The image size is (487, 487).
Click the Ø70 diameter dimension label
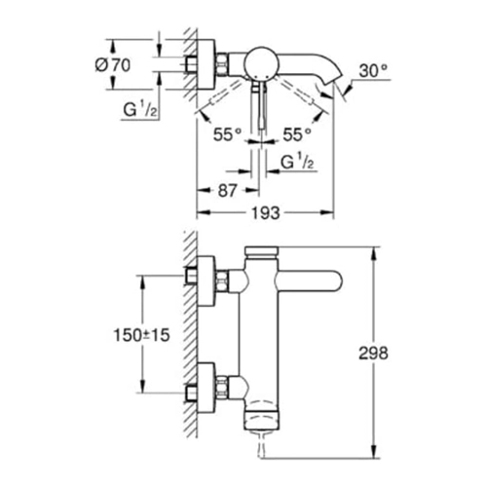coord(113,65)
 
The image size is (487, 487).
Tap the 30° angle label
coord(373,71)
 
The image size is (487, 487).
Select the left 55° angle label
coord(227,134)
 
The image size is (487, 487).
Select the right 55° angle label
coord(297,134)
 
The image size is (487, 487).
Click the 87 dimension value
coord(227,191)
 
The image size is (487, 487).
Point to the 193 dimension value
coord(266,213)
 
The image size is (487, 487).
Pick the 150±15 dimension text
coord(141,335)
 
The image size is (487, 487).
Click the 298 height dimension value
coord(373,353)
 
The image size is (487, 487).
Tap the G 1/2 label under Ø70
coord(140,109)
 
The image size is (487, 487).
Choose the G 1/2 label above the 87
coord(297,162)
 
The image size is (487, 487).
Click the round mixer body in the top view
coord(259,64)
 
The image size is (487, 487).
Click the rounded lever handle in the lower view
coord(309,281)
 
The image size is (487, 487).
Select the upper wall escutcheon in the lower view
coord(206,281)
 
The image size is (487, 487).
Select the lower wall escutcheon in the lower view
coord(206,388)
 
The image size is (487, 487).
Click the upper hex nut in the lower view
coord(222,281)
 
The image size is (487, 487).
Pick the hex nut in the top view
coord(222,64)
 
